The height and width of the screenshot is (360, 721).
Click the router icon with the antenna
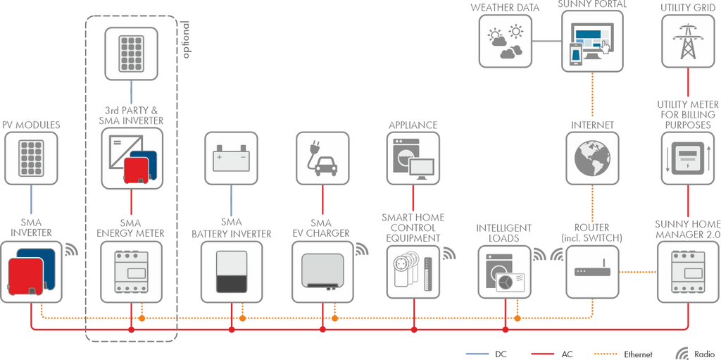click(591, 271)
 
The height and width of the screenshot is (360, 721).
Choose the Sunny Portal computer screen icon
click(591, 40)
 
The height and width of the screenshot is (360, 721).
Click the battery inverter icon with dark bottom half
click(232, 271)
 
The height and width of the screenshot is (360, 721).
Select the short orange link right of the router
click(638, 271)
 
